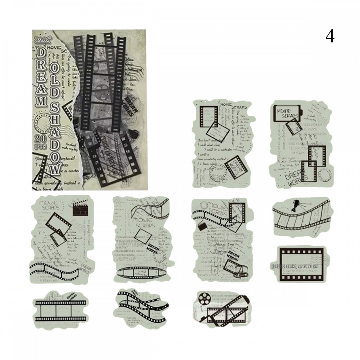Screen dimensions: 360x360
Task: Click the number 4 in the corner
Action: (330, 36)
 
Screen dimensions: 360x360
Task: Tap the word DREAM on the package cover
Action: (41, 77)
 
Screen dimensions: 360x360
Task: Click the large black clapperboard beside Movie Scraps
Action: (81, 208)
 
